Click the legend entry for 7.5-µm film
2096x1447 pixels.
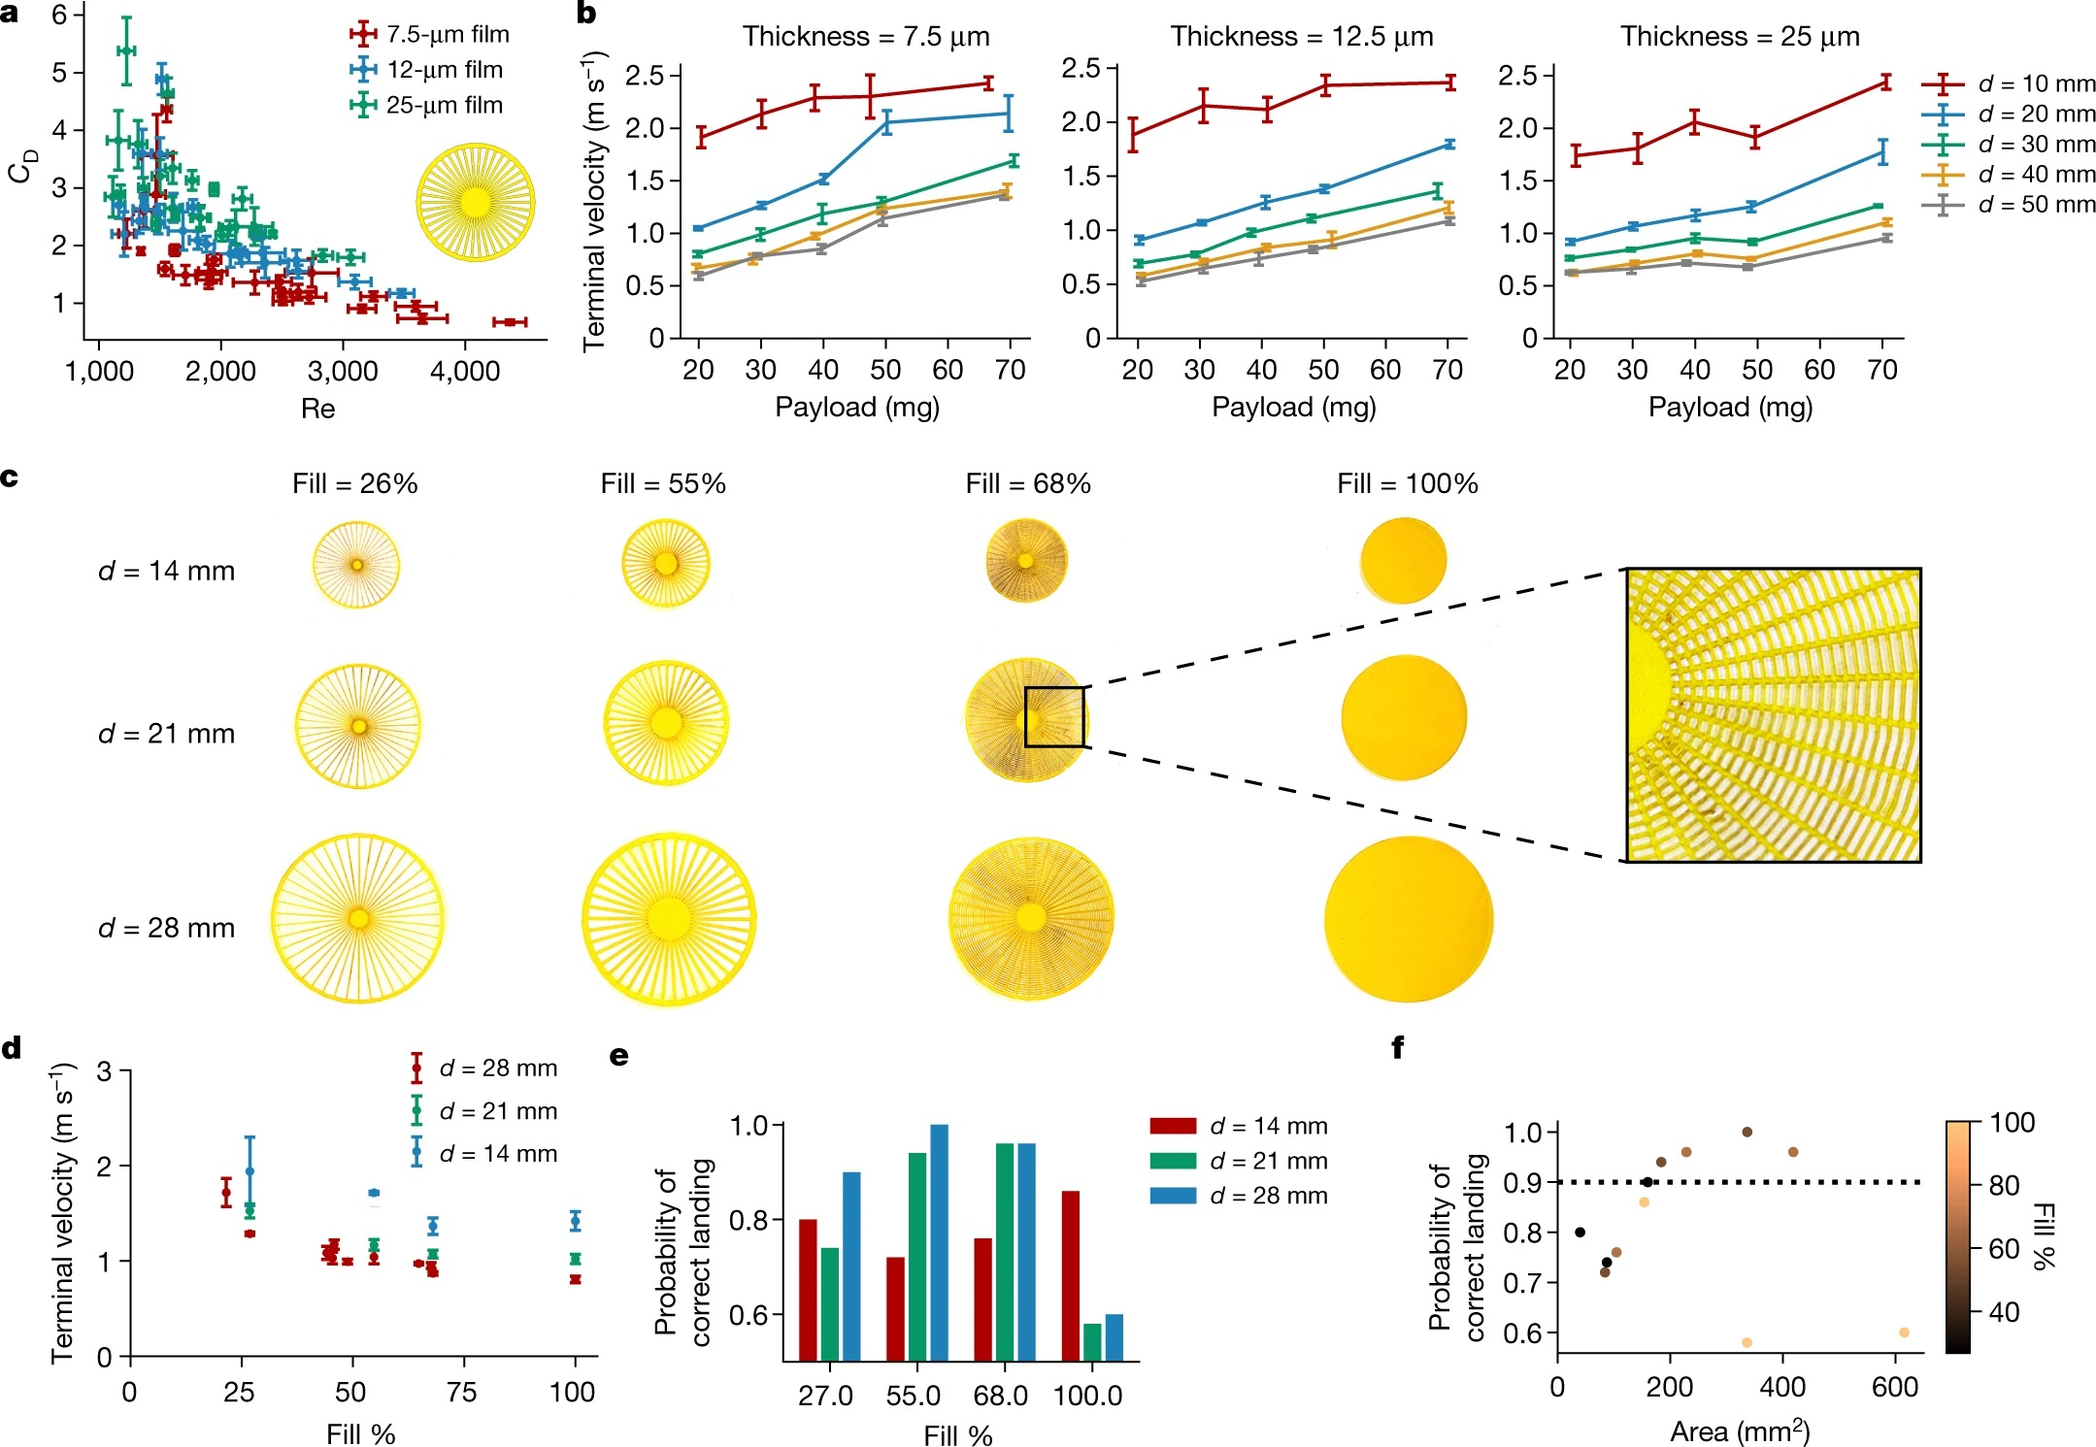pos(430,35)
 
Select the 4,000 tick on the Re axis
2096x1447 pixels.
pos(464,372)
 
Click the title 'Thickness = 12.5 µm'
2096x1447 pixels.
pos(1301,37)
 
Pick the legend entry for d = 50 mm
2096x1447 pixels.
pos(2010,205)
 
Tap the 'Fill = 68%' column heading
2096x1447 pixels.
pos(1027,484)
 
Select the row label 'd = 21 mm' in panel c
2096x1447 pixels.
pos(166,734)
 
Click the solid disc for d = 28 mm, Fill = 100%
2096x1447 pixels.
pos(1408,918)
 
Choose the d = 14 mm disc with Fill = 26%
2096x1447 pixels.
pos(355,565)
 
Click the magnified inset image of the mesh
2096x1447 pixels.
pos(1773,715)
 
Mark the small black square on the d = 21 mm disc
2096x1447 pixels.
pos(1054,717)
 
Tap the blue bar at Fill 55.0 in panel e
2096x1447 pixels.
pos(939,1242)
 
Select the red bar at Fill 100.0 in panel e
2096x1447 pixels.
pos(1070,1275)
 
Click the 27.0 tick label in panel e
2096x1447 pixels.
pos(825,1397)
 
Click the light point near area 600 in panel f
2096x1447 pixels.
pos(1904,1332)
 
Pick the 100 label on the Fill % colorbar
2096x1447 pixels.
pos(2012,1123)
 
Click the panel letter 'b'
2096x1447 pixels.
pos(586,14)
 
